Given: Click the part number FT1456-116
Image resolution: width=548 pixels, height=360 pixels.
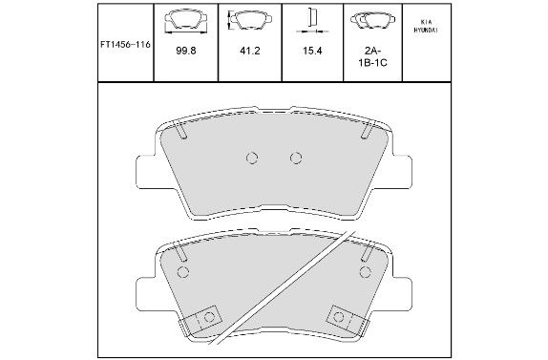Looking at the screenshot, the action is (125, 45).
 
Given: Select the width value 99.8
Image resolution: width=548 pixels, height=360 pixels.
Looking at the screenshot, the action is (186, 51).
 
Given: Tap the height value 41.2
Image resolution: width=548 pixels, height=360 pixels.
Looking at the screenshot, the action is (250, 51).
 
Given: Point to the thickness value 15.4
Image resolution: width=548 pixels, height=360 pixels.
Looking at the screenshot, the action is (312, 51).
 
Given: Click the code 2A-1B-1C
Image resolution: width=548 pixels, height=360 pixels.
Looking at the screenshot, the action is (373, 57).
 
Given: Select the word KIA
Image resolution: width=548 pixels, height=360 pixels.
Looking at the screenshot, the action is (427, 22).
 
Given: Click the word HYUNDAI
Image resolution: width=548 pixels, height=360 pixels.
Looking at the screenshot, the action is (426, 30).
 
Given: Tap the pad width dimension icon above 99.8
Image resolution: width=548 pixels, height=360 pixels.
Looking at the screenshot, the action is (186, 22).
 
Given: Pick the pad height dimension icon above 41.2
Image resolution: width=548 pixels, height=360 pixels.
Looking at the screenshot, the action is (250, 20).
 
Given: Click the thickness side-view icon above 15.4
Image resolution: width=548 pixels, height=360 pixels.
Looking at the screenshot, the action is (312, 21).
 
